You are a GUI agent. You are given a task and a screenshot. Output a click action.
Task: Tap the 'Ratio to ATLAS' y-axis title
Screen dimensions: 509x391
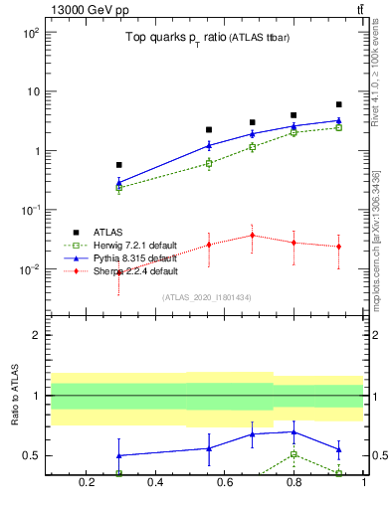(16, 396)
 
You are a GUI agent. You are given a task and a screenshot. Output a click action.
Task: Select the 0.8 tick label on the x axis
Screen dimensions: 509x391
(293, 484)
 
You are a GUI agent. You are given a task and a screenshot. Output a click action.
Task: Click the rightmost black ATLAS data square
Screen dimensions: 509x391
(338, 104)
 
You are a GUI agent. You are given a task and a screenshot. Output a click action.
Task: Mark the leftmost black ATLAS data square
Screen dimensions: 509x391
(119, 165)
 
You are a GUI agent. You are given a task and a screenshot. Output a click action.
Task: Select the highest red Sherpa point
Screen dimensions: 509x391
(253, 236)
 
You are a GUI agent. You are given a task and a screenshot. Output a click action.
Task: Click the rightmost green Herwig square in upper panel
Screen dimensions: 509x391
(338, 127)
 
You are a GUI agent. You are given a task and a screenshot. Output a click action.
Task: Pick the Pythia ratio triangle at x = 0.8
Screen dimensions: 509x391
(293, 431)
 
